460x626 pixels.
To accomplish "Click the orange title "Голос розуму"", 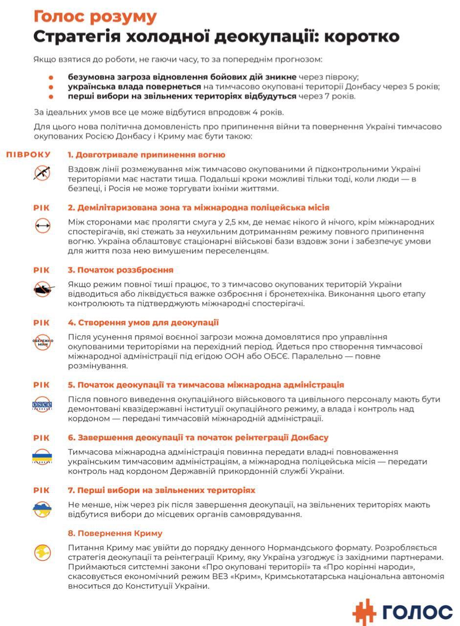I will click(95, 17).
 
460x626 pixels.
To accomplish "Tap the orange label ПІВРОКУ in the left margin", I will click(28, 155).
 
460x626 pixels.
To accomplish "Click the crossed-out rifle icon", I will click(42, 172).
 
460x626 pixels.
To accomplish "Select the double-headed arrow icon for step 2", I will click(42, 225).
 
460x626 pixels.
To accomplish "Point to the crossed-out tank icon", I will click(42, 289).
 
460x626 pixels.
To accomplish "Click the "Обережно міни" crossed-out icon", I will click(42, 341).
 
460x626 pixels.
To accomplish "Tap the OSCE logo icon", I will click(42, 404).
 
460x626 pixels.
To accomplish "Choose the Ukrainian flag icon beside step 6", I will click(42, 457).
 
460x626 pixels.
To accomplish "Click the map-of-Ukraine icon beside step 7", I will click(42, 509).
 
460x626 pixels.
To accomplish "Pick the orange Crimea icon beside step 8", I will click(42, 552).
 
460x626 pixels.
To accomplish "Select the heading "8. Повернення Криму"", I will click(115, 533).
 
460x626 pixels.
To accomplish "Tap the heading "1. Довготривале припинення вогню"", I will click(147, 155).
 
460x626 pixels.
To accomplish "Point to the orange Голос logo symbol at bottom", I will click(364, 611).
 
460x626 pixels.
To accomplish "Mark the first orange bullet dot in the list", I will click(51, 77).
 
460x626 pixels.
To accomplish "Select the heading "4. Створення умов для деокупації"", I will click(143, 323).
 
